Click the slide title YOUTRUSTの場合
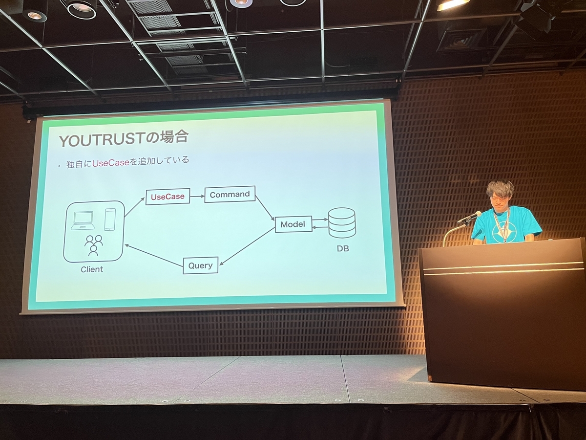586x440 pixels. tap(123, 139)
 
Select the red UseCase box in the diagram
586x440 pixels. tap(167, 197)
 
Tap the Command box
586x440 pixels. tap(230, 194)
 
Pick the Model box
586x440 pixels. tap(293, 224)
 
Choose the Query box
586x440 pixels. tap(200, 265)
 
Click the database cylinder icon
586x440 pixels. tap(342, 223)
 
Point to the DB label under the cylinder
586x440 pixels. tap(342, 248)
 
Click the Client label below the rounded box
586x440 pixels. tap(92, 269)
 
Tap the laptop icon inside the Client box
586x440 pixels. tap(83, 220)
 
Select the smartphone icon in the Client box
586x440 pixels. tap(109, 219)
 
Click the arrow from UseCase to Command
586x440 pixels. tap(197, 196)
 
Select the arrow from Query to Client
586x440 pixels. tap(153, 255)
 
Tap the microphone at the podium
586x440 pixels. tap(469, 217)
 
